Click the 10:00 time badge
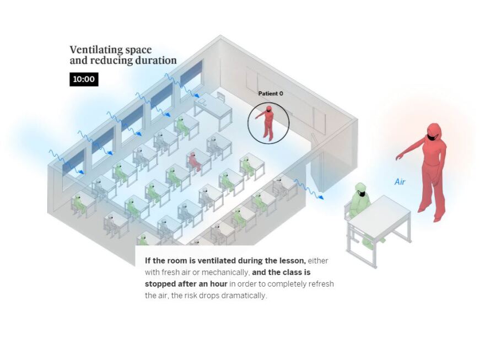[x=84, y=79]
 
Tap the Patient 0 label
[x=271, y=94]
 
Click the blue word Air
[x=400, y=181]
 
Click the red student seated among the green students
[x=193, y=160]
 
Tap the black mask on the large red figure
[x=433, y=137]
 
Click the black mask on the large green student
[x=362, y=194]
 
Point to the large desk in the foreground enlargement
[x=379, y=217]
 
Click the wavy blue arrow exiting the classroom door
[x=309, y=189]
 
